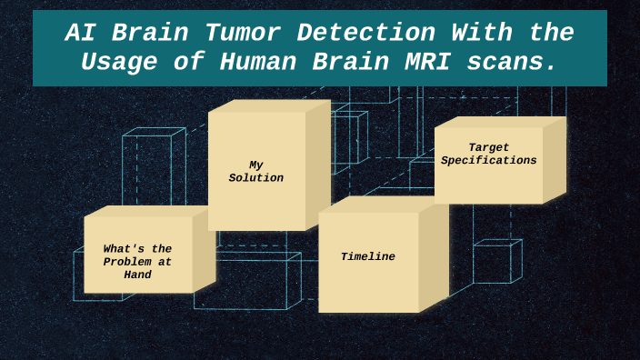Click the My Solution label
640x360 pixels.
click(256, 172)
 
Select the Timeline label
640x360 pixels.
click(368, 257)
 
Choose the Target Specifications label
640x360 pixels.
click(489, 154)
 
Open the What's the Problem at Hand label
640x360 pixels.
click(137, 261)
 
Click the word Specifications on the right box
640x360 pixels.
click(489, 161)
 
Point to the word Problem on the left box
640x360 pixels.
click(137, 262)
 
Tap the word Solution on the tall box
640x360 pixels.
click(256, 178)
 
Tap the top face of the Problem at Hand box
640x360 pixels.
click(150, 211)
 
